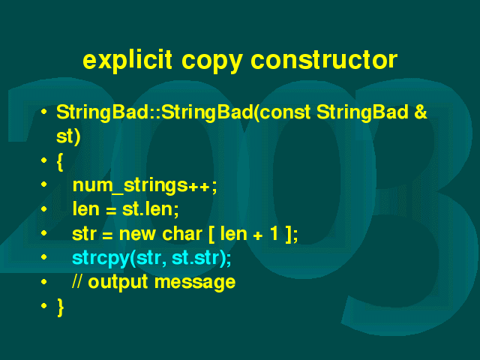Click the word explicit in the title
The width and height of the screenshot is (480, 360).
point(127,60)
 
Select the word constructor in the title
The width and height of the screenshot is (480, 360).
point(324,60)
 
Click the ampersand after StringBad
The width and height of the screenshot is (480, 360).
point(421,112)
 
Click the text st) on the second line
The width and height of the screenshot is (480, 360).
point(68,136)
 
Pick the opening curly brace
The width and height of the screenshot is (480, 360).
point(60,161)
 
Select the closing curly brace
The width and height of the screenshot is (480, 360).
point(60,307)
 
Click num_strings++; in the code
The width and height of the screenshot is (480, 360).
point(145,185)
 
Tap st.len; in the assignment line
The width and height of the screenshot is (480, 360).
point(150,209)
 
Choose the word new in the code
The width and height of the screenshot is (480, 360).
point(137,234)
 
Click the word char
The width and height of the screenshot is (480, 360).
point(182,234)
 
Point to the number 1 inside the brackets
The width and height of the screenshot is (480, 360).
point(274,233)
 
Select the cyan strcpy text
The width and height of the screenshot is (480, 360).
point(100,259)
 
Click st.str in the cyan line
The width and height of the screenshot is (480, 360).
point(196,258)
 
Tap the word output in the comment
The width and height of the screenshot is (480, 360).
point(118,282)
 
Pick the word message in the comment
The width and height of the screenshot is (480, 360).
point(195,283)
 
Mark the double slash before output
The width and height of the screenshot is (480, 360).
point(77,281)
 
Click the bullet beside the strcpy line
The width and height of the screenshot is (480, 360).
point(43,257)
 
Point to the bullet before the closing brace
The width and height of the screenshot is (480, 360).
point(43,305)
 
